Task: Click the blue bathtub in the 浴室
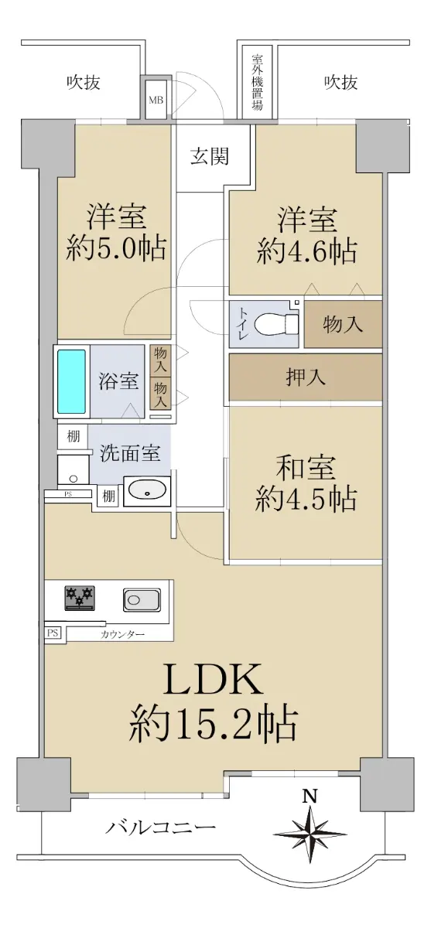click(x=72, y=381)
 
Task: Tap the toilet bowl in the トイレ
click(x=276, y=323)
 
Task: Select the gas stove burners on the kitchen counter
click(x=80, y=597)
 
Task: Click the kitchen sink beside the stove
click(x=142, y=599)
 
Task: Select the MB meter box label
click(x=156, y=100)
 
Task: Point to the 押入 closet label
click(x=306, y=377)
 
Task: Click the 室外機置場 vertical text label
click(x=258, y=82)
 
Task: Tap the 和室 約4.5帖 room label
click(x=306, y=483)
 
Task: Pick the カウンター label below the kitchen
click(x=122, y=634)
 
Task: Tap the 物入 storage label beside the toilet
click(x=343, y=324)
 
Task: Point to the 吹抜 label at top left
click(x=84, y=83)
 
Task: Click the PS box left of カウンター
click(x=53, y=633)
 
